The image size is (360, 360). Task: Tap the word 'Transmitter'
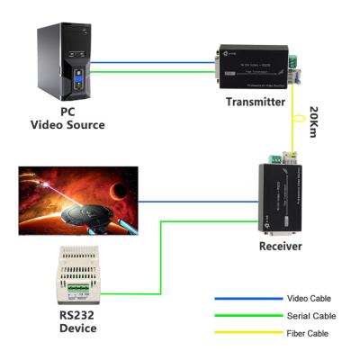point(254,102)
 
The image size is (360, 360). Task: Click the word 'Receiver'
point(280,246)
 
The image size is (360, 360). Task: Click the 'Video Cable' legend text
point(310,298)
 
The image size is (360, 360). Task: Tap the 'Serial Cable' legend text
point(310,316)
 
